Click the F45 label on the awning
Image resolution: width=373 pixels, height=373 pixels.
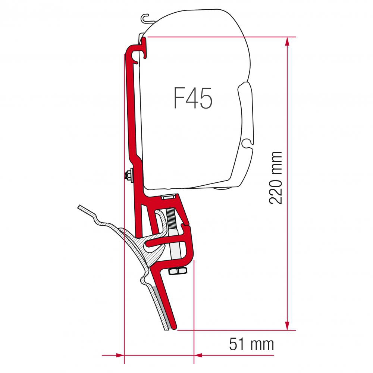pyautogui.click(x=193, y=98)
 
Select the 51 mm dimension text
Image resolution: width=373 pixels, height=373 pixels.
pyautogui.click(x=251, y=344)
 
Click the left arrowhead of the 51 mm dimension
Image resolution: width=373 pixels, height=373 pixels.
pyautogui.click(x=120, y=355)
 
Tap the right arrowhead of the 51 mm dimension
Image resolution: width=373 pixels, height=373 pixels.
pyautogui.click(x=198, y=355)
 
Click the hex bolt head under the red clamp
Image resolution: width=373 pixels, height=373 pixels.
pyautogui.click(x=178, y=270)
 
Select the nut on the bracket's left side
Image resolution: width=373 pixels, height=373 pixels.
pyautogui.click(x=129, y=176)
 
